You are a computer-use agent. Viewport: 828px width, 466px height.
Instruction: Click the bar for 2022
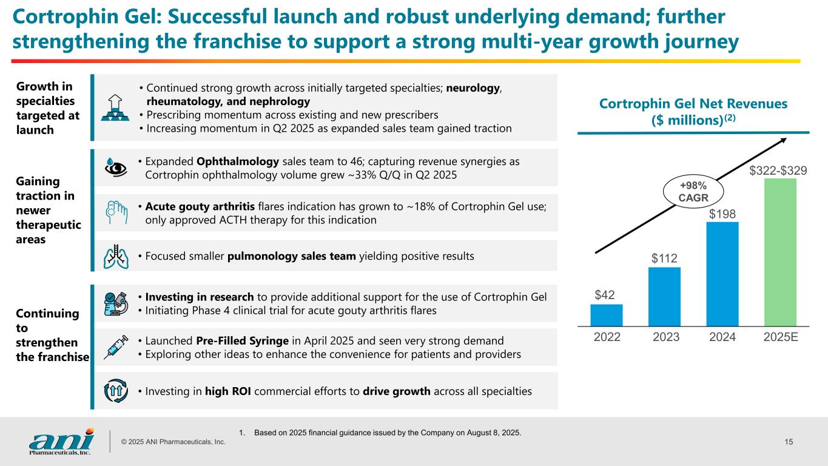click(x=606, y=315)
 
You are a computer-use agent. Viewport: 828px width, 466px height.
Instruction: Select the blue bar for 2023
click(x=664, y=297)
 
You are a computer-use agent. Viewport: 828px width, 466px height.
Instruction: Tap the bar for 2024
click(x=722, y=274)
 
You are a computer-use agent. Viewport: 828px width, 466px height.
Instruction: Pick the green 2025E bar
click(x=780, y=252)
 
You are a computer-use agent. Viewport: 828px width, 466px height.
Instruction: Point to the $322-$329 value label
click(x=778, y=171)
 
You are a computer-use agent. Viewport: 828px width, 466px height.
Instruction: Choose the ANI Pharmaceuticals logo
click(x=61, y=441)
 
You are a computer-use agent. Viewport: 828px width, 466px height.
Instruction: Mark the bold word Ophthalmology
click(x=238, y=163)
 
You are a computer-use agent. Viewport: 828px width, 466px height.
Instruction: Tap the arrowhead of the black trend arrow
click(x=784, y=140)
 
